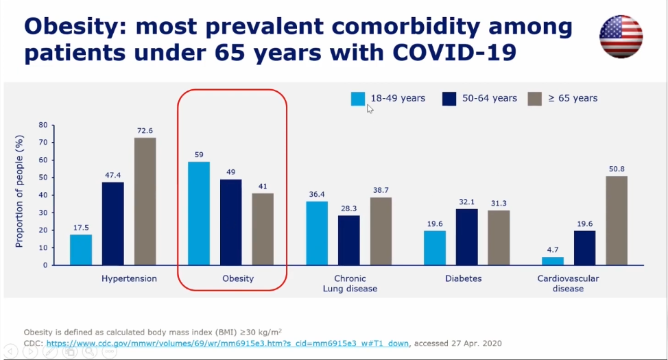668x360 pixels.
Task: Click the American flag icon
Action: click(621, 36)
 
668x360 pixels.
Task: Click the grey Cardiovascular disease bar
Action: click(616, 220)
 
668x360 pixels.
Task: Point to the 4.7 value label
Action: click(552, 250)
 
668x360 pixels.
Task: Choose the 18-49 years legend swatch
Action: click(358, 99)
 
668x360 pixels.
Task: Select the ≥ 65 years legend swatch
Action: click(535, 99)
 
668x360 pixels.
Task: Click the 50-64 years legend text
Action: click(489, 98)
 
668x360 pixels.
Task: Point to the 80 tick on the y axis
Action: click(43, 125)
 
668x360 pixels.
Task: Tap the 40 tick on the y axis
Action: click(43, 195)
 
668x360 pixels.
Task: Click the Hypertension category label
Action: click(129, 278)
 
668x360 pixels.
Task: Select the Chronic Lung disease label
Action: click(349, 283)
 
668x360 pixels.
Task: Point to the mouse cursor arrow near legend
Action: click(370, 108)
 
